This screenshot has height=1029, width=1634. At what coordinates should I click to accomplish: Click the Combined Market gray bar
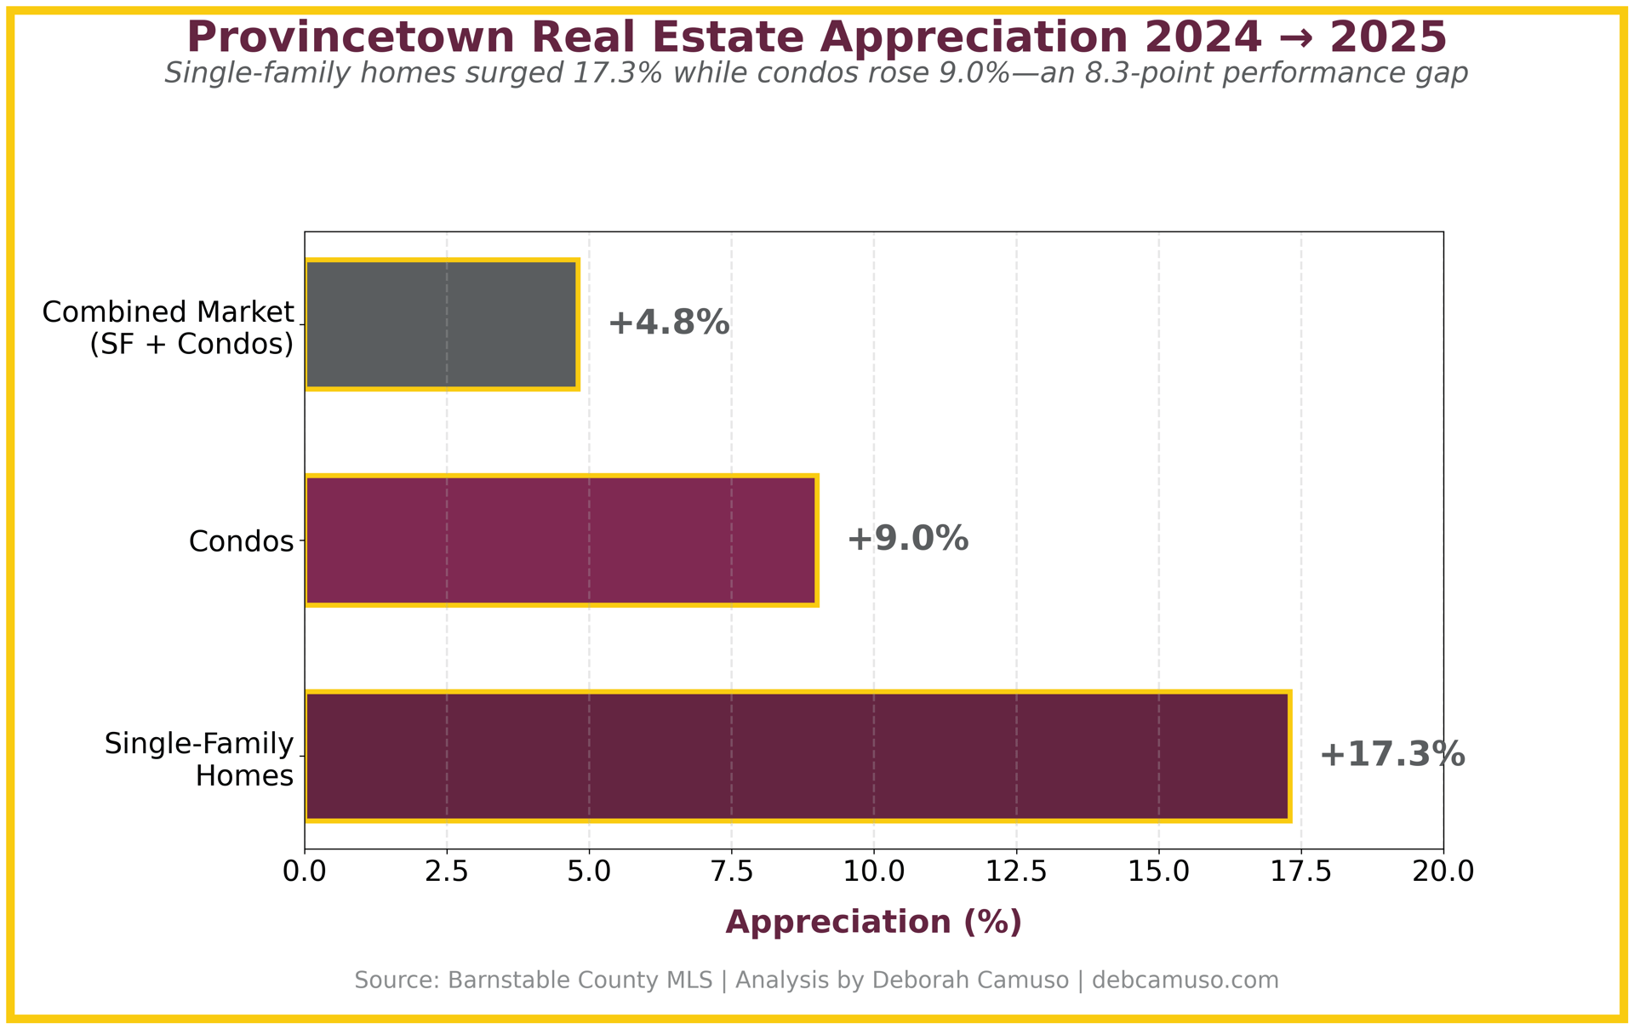tap(441, 324)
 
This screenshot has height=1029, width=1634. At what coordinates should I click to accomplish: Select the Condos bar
tap(560, 540)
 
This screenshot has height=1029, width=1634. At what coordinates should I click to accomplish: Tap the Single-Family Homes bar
tap(797, 756)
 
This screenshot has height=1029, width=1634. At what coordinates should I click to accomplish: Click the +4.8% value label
tap(669, 323)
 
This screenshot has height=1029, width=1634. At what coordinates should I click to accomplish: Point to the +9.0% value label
tap(907, 539)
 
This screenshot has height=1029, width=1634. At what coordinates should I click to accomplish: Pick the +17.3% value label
tap(1392, 755)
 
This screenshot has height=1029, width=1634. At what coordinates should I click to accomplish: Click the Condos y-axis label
tap(241, 541)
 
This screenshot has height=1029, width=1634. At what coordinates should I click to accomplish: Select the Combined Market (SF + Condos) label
tap(168, 328)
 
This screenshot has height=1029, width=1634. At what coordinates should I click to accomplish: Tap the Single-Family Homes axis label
tap(199, 759)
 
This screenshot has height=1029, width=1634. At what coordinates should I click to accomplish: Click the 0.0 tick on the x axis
tap(305, 872)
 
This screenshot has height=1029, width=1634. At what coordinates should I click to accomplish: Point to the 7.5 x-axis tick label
tap(731, 872)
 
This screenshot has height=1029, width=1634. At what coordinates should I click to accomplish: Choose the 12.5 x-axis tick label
tap(1015, 872)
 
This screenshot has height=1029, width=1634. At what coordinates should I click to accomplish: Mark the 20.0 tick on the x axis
tap(1443, 872)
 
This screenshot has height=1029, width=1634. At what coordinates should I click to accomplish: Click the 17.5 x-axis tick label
tap(1300, 872)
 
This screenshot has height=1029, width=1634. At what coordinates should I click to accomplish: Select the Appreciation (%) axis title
tap(873, 923)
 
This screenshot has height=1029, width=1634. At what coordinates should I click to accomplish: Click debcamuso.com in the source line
tap(1185, 980)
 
